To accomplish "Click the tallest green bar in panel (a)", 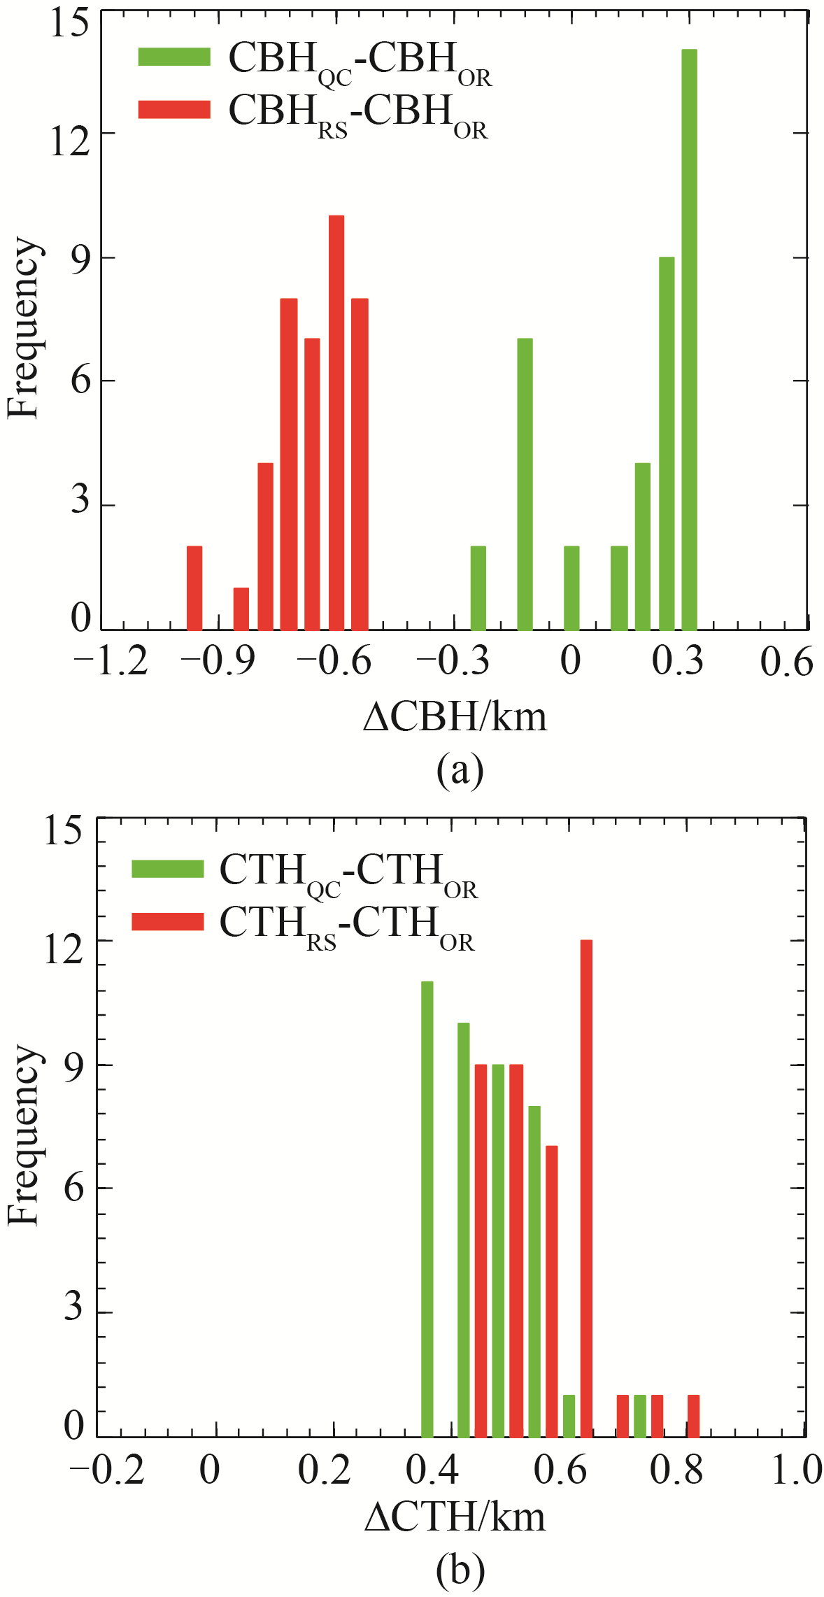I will tap(689, 340).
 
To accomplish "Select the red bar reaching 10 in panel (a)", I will tap(336, 423).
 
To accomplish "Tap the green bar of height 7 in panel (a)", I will tap(525, 484).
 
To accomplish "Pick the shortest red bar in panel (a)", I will tap(241, 609).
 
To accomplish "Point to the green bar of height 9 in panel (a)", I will tap(667, 443).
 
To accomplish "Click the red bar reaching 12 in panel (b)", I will tap(586, 1189).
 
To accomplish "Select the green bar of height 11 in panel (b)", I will tap(427, 1210).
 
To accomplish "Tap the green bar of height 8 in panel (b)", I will tap(534, 1272).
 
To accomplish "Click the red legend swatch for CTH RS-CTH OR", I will tap(168, 922).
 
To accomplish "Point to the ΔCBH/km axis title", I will tap(455, 718).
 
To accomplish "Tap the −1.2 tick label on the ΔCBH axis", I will tap(111, 661).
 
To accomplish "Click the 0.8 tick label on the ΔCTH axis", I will tap(676, 1470).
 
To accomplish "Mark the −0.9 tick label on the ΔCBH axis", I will tap(218, 661).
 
